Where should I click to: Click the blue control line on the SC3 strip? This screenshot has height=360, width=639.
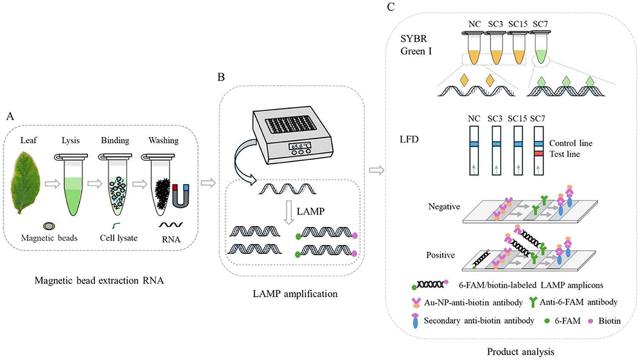[x=496, y=144]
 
